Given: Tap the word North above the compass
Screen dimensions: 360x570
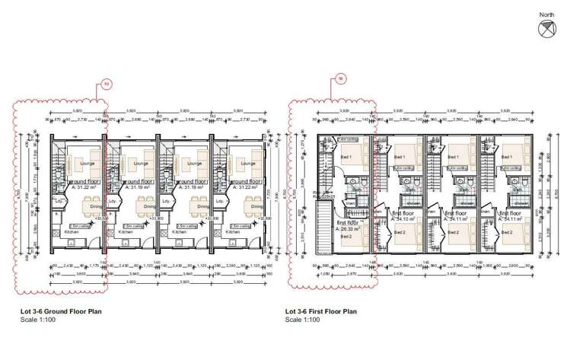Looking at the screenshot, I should (x=547, y=14).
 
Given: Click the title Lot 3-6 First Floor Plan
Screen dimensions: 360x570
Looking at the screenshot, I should (x=320, y=311).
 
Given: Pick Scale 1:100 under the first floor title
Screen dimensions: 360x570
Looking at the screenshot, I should (x=303, y=319).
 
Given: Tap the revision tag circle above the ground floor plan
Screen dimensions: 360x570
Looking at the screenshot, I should (x=107, y=84).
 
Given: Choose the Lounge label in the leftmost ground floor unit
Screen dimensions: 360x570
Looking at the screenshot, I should (x=86, y=164).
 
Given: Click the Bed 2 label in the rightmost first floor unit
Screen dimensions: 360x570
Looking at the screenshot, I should (x=507, y=234).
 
